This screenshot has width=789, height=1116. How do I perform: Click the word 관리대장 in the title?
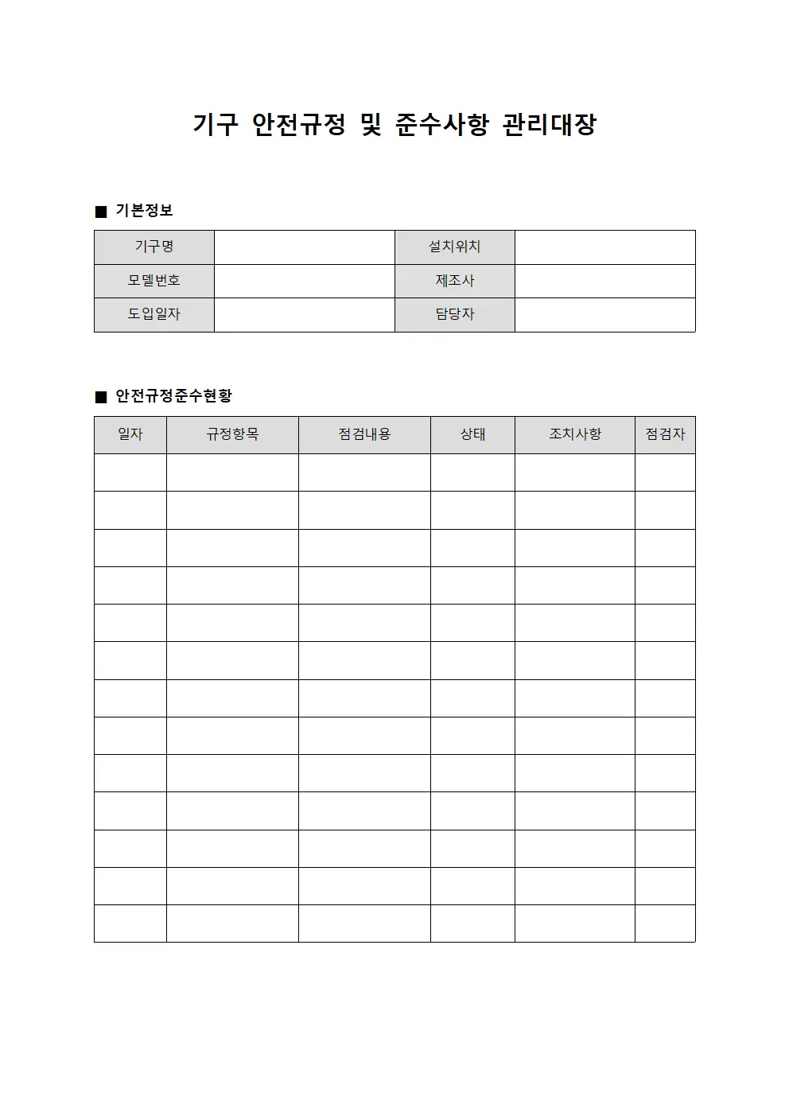point(549,125)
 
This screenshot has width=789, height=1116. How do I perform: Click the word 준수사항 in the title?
point(441,125)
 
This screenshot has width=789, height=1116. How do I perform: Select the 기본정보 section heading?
point(144,211)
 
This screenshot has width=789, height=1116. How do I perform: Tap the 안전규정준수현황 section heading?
point(173,396)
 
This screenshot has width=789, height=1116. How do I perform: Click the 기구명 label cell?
point(154,247)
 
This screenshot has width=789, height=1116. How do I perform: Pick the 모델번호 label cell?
point(154,281)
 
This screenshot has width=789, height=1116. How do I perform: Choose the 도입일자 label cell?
point(154,314)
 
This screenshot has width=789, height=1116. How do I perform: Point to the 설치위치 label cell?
point(454,247)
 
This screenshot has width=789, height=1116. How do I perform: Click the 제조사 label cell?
point(454,281)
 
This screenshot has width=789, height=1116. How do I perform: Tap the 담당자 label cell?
point(454,314)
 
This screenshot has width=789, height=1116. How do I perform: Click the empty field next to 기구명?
point(304,247)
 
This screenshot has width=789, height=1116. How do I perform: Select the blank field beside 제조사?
point(604,281)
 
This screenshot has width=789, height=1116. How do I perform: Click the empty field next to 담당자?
point(604,314)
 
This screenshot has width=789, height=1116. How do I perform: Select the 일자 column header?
point(130,434)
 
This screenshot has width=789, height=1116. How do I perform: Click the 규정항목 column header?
point(232,434)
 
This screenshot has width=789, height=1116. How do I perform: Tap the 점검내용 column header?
point(364,434)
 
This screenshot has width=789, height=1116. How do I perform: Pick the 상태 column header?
point(472,434)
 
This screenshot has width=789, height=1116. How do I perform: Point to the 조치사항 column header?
point(574,434)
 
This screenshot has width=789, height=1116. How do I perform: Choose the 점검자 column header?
point(665,434)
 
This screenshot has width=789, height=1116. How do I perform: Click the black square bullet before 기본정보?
point(101,212)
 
